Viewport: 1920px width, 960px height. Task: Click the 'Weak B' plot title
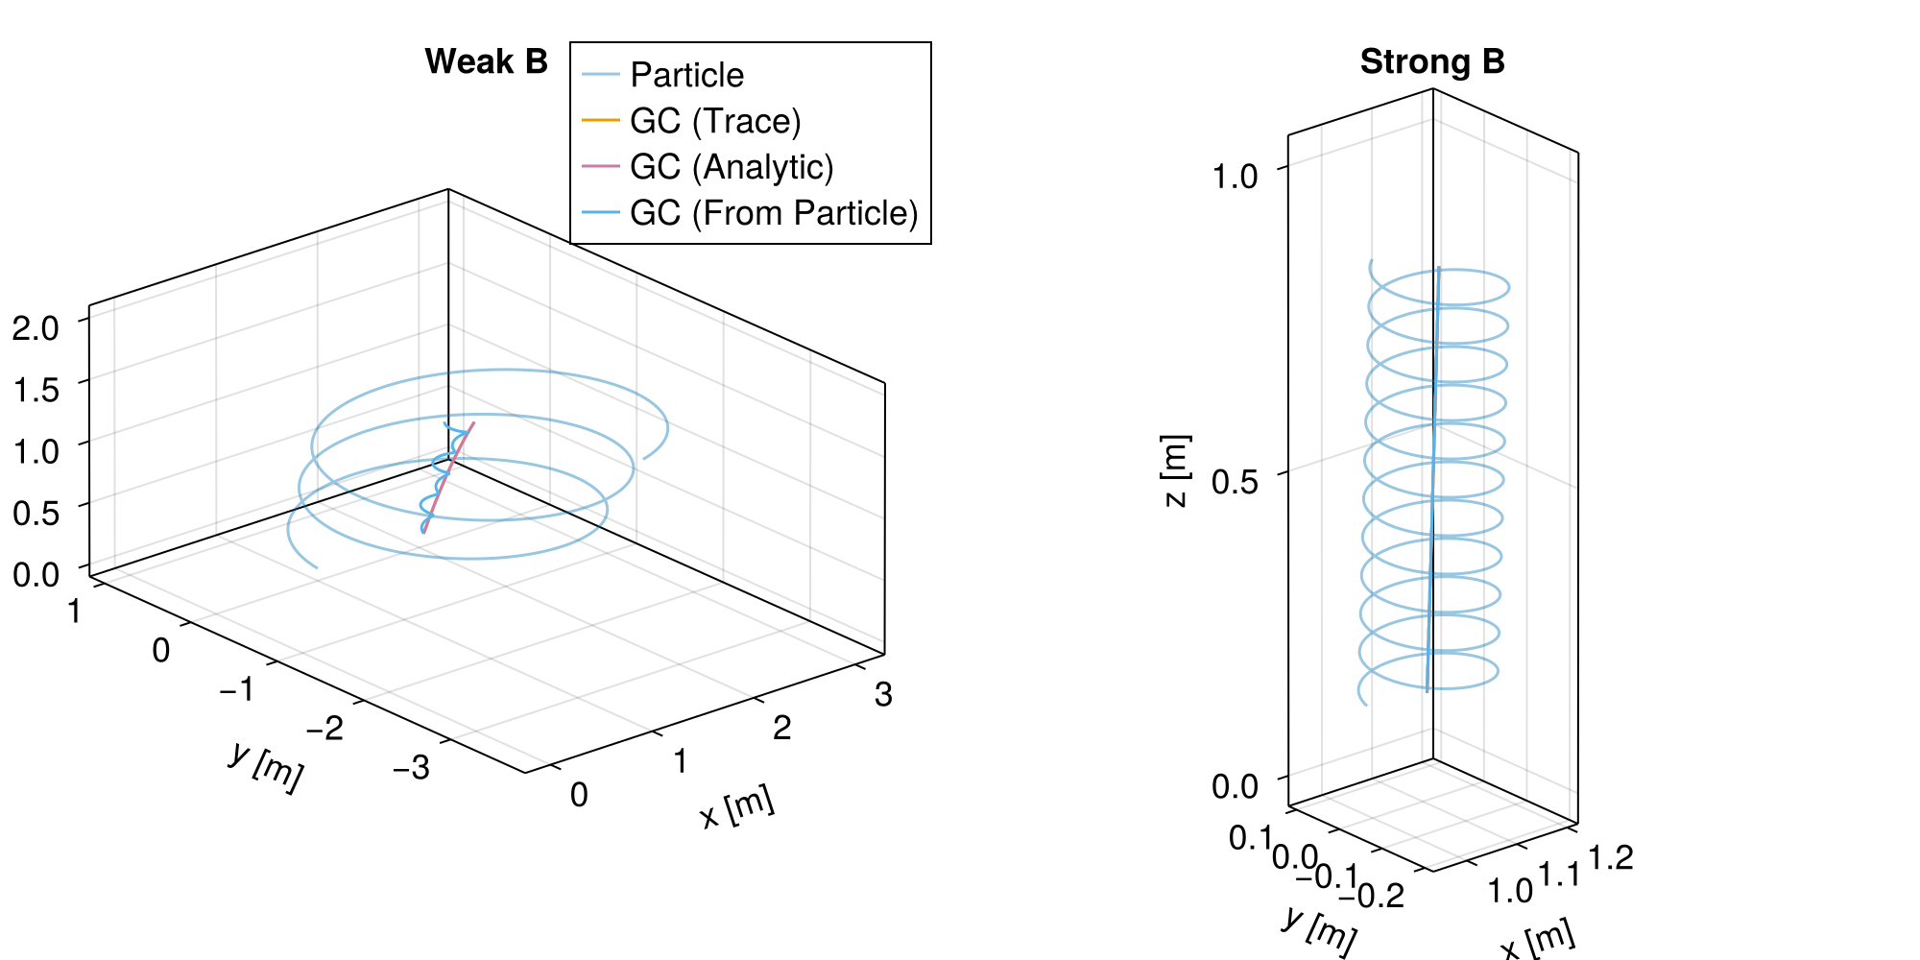click(x=486, y=62)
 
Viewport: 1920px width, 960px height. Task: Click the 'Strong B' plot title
click(x=1432, y=62)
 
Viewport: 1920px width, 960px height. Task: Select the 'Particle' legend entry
click(x=686, y=75)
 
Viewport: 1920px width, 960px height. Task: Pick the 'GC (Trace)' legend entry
click(x=715, y=121)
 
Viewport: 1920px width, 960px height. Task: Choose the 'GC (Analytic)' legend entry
click(x=732, y=167)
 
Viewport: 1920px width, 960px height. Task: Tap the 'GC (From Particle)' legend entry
click(x=774, y=213)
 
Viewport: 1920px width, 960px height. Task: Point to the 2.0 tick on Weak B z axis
click(x=36, y=327)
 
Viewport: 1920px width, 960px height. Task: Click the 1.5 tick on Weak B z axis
click(x=36, y=389)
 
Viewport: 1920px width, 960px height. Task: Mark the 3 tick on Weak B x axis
click(x=883, y=694)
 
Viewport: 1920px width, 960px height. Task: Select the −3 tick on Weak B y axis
click(x=412, y=767)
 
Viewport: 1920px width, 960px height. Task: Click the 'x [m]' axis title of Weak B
click(x=737, y=807)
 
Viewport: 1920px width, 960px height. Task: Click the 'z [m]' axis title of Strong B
click(x=1176, y=470)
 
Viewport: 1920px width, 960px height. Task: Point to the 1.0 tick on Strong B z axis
click(x=1235, y=177)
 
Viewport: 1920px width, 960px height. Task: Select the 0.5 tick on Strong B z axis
click(x=1235, y=481)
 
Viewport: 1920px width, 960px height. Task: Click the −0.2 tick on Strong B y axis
click(x=1371, y=896)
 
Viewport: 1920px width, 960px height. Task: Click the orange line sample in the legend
click(x=601, y=120)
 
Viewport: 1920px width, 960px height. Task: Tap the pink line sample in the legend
click(x=601, y=166)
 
